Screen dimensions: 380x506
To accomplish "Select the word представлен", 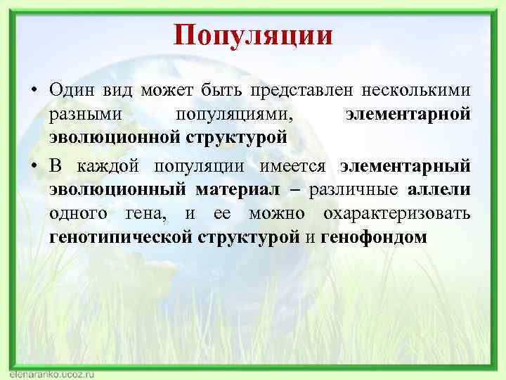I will point(308,90).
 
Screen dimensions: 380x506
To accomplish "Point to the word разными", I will point(79,113).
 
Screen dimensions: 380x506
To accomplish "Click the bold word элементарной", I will point(408,113).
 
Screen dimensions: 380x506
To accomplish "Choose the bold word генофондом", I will point(374,236).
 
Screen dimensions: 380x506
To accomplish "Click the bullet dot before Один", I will point(33,91).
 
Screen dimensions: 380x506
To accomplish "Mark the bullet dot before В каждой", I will point(33,167).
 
